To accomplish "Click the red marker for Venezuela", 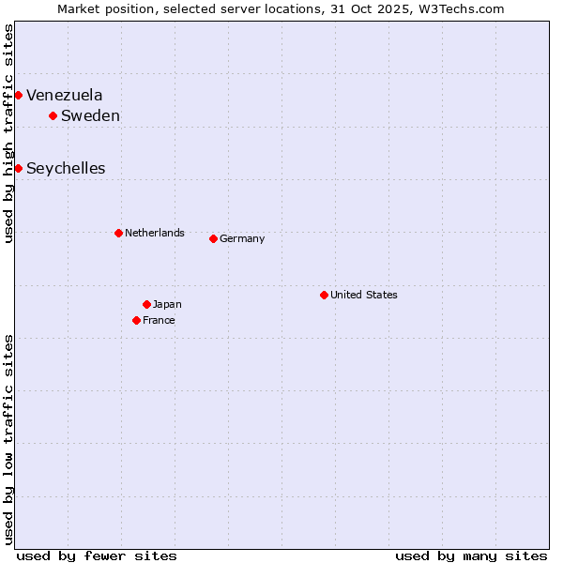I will click(x=18, y=95).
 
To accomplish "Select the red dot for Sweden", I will click(x=53, y=115).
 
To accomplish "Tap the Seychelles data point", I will click(x=18, y=168).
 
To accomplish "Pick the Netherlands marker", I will click(x=118, y=233).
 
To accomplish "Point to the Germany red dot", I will click(x=213, y=238).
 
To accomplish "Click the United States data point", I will click(x=324, y=295).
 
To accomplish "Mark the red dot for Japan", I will click(x=146, y=304).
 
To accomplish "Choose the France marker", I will click(x=136, y=320).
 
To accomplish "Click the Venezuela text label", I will click(x=65, y=95).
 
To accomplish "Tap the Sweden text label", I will click(x=90, y=115).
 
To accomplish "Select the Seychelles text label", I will click(x=66, y=168).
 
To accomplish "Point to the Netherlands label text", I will click(x=155, y=233).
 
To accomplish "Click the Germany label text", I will click(x=242, y=238).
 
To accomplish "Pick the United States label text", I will click(x=364, y=295).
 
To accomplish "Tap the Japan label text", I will click(x=167, y=304).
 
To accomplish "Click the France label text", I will click(x=159, y=320).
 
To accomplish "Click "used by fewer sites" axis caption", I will click(x=97, y=555).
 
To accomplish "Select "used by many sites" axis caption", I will click(x=471, y=555).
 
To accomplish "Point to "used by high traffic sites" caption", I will click(x=8, y=133).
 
